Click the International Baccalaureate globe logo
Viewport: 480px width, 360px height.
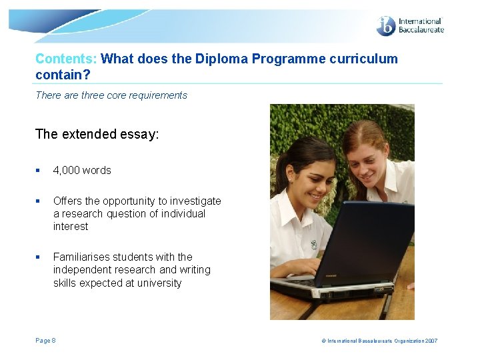point(386,27)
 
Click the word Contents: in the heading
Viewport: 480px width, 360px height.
point(66,59)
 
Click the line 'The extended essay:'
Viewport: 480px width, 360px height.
point(97,134)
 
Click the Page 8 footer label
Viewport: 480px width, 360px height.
point(45,341)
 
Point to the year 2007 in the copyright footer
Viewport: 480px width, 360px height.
point(430,341)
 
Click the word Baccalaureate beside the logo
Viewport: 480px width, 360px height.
point(421,30)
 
